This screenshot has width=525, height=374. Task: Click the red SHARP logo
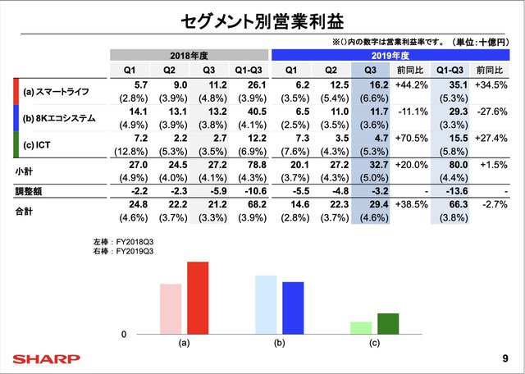[47, 358]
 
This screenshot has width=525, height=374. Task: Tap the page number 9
[504, 358]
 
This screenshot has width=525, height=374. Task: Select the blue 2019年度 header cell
[389, 56]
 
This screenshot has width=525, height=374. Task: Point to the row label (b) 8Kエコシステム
[60, 119]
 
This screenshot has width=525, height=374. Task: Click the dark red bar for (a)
[198, 298]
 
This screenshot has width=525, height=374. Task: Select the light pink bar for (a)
[171, 308]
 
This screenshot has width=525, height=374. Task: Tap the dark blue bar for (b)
[293, 308]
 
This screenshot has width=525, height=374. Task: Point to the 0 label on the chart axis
[124, 335]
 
